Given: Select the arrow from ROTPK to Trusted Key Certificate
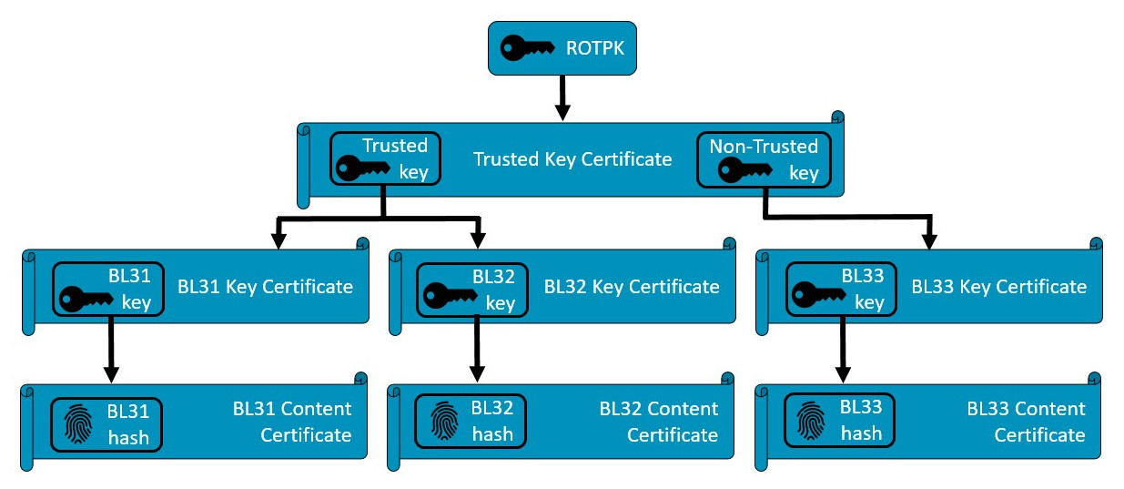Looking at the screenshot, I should [562, 97].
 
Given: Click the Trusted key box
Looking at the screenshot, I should [385, 159].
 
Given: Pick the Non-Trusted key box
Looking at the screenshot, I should [764, 159].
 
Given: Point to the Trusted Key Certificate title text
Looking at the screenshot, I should [572, 159].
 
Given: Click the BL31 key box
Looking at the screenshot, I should [108, 290].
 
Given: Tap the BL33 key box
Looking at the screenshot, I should [841, 290].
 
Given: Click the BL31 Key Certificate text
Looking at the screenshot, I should [265, 287].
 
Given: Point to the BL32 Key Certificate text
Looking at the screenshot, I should [632, 287].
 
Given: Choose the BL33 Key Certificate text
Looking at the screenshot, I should [999, 287].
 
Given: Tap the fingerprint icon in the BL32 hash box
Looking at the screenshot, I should [443, 422].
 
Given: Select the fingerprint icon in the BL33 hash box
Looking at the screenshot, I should [812, 422].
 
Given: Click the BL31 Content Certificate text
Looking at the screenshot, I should [292, 422].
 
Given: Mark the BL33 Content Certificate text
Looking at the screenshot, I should [1027, 422].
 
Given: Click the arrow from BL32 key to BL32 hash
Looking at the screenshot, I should [475, 351].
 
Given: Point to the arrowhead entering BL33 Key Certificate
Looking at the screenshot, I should [929, 241].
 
